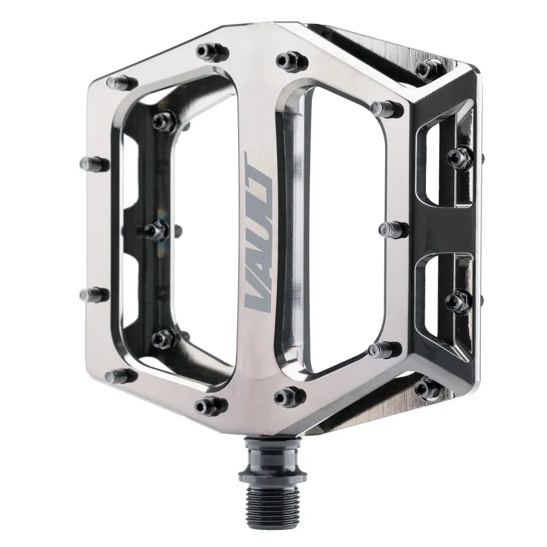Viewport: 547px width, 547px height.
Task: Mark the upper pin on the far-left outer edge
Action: click(92, 163)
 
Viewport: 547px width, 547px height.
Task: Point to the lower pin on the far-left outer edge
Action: click(92, 295)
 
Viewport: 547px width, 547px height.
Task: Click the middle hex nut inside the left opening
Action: click(157, 230)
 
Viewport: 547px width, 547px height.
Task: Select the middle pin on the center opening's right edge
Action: click(392, 229)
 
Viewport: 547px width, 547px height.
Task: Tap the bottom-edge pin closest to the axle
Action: click(289, 396)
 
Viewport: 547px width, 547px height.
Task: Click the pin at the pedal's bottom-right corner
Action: click(427, 388)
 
